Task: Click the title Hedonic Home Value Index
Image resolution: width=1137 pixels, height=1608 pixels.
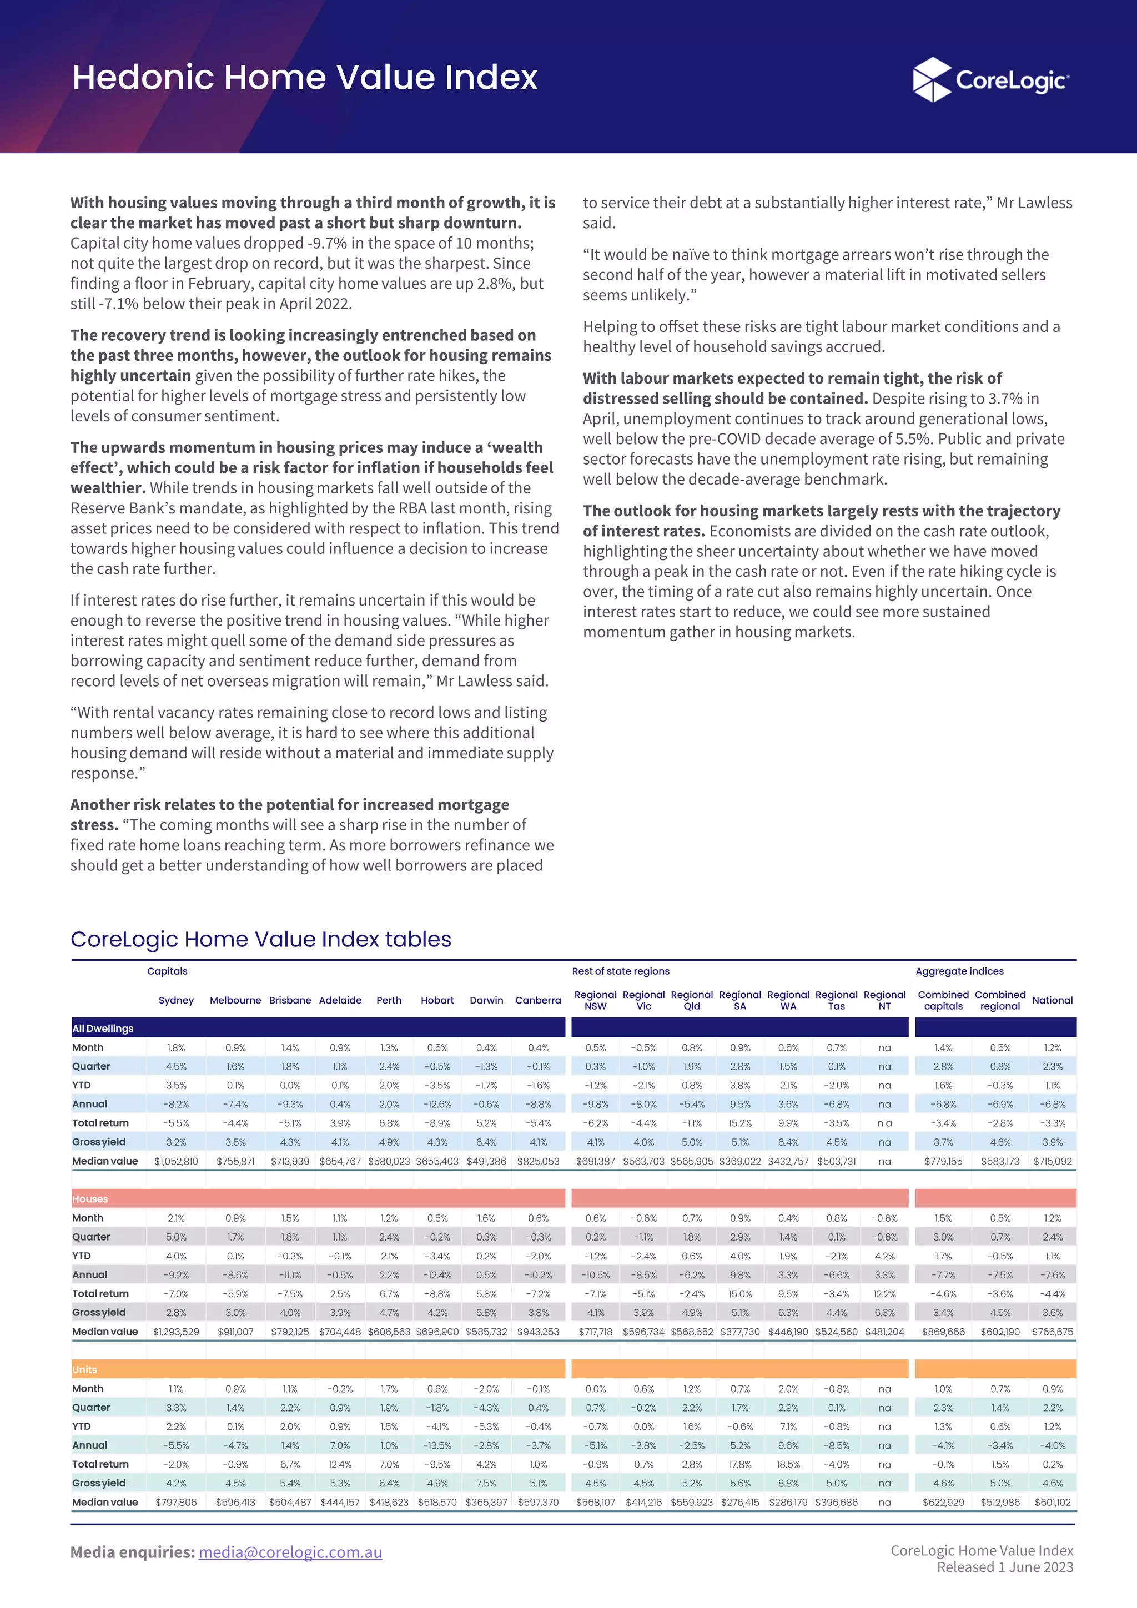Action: (305, 77)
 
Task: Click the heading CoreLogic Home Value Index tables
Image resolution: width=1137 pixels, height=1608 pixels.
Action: (260, 939)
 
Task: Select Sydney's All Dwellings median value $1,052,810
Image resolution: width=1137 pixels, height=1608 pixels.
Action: (176, 1161)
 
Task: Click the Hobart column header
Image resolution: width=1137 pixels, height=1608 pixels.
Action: (437, 1000)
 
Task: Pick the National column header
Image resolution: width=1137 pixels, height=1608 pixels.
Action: (1052, 1000)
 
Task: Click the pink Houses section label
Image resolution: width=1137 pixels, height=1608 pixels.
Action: (90, 1199)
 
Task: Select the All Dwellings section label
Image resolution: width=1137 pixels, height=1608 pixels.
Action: (102, 1028)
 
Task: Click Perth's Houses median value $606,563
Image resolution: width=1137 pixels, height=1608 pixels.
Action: (389, 1332)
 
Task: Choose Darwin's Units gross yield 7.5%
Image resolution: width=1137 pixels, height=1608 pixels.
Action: (486, 1483)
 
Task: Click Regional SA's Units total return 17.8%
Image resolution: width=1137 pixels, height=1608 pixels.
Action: (740, 1464)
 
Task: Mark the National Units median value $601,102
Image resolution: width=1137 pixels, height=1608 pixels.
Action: (1052, 1501)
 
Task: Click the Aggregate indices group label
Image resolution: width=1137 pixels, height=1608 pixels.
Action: (959, 971)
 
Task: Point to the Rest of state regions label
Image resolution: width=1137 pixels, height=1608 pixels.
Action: (620, 971)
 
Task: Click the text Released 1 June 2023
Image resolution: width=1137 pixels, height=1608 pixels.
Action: (1005, 1567)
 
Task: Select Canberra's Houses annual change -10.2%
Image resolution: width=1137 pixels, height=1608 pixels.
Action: (538, 1274)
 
